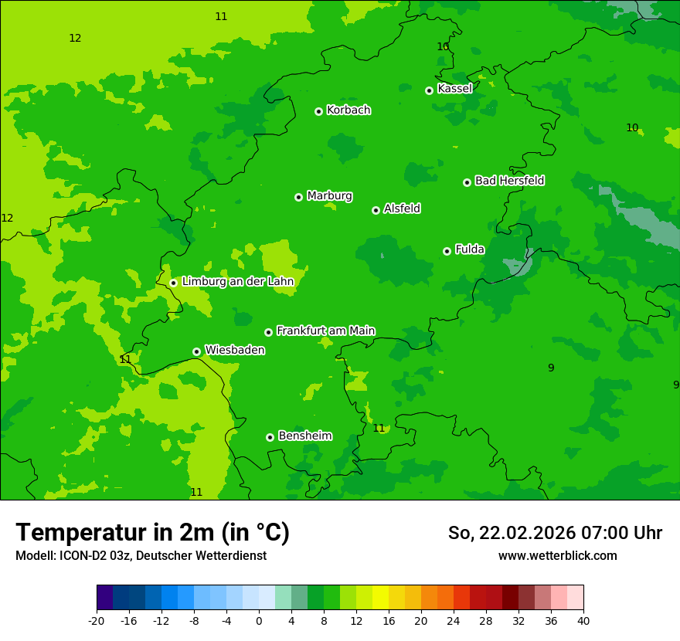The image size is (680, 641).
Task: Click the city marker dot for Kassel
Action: (x=429, y=90)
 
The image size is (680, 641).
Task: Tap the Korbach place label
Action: (x=348, y=110)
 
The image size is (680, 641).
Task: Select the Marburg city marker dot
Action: (x=298, y=197)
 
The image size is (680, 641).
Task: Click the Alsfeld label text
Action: (x=402, y=209)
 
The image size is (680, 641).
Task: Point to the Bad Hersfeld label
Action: (x=509, y=181)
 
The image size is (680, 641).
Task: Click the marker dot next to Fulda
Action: (x=447, y=251)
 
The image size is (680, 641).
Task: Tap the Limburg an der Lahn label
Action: (x=238, y=282)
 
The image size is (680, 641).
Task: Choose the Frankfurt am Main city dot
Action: (x=268, y=332)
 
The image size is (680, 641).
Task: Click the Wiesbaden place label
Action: (x=235, y=350)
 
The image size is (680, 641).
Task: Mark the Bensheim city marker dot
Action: (x=270, y=437)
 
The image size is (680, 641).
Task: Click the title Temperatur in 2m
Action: (x=152, y=533)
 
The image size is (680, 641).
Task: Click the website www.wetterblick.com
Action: (x=557, y=556)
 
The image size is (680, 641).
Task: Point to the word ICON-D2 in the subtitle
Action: (x=81, y=556)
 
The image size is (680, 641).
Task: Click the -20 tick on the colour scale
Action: (x=97, y=620)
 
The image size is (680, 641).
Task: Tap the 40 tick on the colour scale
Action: (x=583, y=620)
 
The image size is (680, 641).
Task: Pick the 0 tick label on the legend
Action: (x=259, y=620)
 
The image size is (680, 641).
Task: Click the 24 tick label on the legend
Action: (x=454, y=620)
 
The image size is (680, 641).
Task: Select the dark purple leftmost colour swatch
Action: (x=104, y=598)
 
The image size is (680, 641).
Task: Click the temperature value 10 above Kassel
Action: (x=443, y=46)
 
